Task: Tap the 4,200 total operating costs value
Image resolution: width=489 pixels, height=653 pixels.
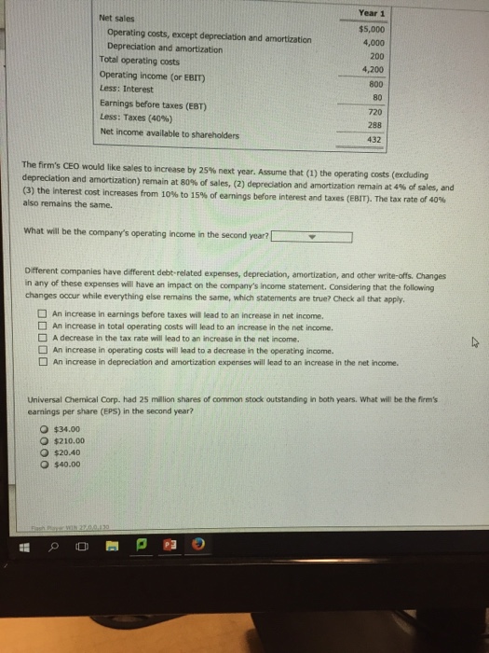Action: tap(373, 69)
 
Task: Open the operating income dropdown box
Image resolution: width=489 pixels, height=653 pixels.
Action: tap(313, 236)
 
